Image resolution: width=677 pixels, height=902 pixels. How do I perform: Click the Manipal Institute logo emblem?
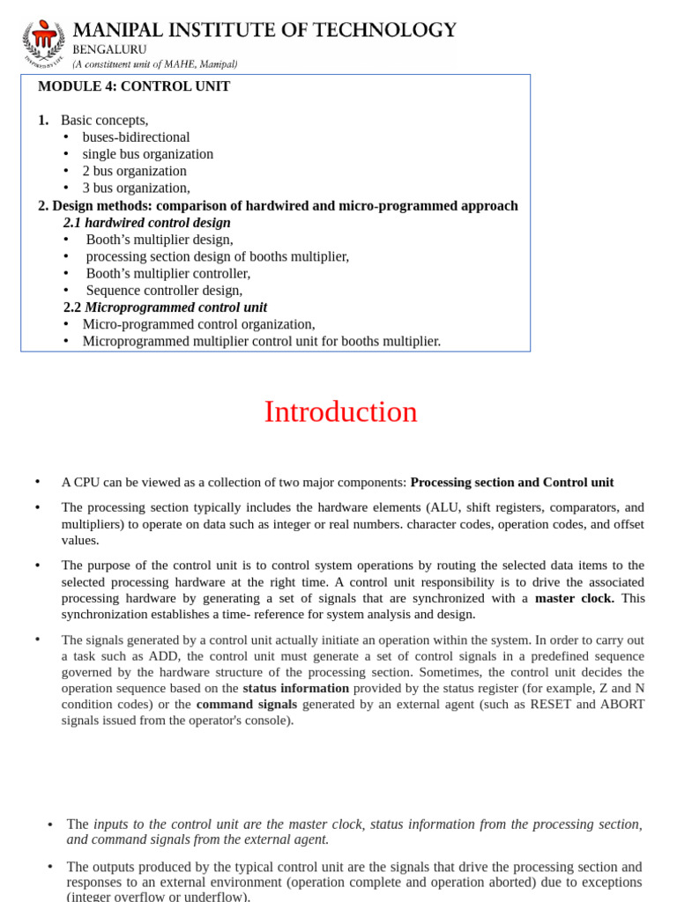pos(43,45)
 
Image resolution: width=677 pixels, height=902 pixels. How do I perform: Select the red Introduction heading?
pos(340,412)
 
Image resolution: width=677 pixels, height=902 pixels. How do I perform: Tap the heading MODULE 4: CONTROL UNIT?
pos(134,86)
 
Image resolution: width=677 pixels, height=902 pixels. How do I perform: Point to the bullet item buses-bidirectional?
pos(136,137)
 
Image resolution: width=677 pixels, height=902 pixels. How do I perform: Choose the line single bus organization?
pos(147,154)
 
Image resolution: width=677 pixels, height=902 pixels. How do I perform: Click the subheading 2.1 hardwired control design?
pos(147,223)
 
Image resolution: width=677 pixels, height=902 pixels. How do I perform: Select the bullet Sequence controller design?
pos(164,290)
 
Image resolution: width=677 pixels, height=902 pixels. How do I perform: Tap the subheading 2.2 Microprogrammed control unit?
pos(166,307)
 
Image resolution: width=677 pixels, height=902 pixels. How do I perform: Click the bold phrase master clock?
pos(574,598)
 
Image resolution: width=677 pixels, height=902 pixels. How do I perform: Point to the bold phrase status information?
pos(295,688)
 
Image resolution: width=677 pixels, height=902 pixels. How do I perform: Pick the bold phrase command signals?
pos(247,704)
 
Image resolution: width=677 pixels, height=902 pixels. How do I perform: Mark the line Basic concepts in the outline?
pos(104,120)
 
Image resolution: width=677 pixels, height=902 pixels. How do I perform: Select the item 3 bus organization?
pos(136,188)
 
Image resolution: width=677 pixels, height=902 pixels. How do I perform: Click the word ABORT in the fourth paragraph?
pos(625,704)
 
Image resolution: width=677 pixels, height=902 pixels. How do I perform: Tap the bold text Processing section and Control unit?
pos(512,483)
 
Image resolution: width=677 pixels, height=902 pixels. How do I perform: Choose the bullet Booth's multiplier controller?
pos(168,273)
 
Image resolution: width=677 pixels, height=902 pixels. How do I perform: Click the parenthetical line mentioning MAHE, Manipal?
pos(154,64)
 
